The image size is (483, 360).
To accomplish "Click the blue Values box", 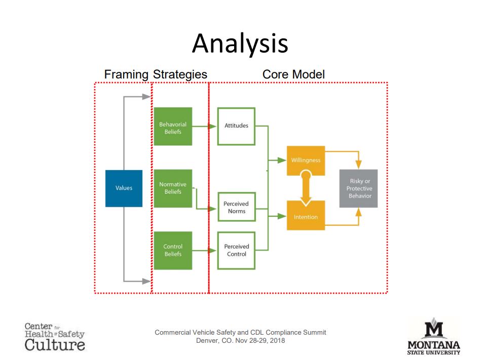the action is (124, 188).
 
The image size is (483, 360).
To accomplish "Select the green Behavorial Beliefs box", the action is (173, 126).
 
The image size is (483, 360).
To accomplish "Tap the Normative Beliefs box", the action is (173, 188).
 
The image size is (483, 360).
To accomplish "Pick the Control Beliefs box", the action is (173, 251).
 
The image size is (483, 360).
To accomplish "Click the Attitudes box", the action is (236, 126).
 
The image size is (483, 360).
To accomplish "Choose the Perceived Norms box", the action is (237, 207).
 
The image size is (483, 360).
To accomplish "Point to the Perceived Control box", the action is (236, 251).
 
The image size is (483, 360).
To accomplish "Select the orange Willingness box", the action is (306, 161).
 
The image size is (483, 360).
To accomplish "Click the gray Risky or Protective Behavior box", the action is (358, 188).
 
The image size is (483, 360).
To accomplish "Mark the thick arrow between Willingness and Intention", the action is (306, 188).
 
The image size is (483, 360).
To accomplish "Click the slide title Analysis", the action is (240, 44).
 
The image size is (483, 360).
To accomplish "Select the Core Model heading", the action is (293, 74).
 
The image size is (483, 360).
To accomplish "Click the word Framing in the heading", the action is (126, 75).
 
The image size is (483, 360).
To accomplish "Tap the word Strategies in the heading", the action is (180, 75).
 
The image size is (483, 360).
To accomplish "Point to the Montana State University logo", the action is (434, 336).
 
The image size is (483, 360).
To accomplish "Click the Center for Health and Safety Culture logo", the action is (55, 337).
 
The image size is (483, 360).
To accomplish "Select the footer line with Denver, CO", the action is (241, 341).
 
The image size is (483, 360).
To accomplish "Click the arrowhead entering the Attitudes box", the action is (213, 126).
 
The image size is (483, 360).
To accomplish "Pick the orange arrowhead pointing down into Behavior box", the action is (358, 165).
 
